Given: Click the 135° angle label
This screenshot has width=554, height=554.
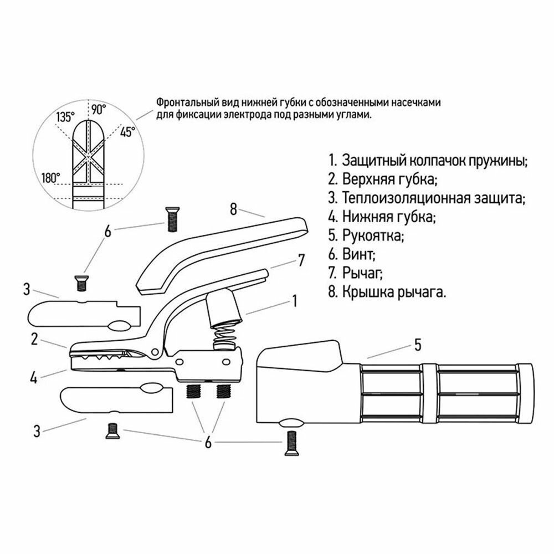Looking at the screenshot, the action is click(65, 117).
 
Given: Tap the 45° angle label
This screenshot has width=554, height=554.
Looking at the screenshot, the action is click(128, 132).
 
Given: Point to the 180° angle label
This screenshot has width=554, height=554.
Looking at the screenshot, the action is click(50, 178).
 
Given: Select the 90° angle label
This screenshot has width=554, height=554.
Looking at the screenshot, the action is click(99, 109).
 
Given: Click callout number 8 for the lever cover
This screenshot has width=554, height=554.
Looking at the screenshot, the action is click(233, 209).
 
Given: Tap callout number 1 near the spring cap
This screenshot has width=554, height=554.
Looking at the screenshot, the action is click(295, 301).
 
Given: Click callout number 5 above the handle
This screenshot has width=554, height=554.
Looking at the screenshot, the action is click(417, 345).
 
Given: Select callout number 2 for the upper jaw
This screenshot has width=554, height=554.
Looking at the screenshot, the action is click(34, 340).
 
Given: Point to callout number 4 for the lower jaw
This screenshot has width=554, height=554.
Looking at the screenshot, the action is click(34, 379).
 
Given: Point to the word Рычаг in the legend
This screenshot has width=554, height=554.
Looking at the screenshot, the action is click(362, 274).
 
